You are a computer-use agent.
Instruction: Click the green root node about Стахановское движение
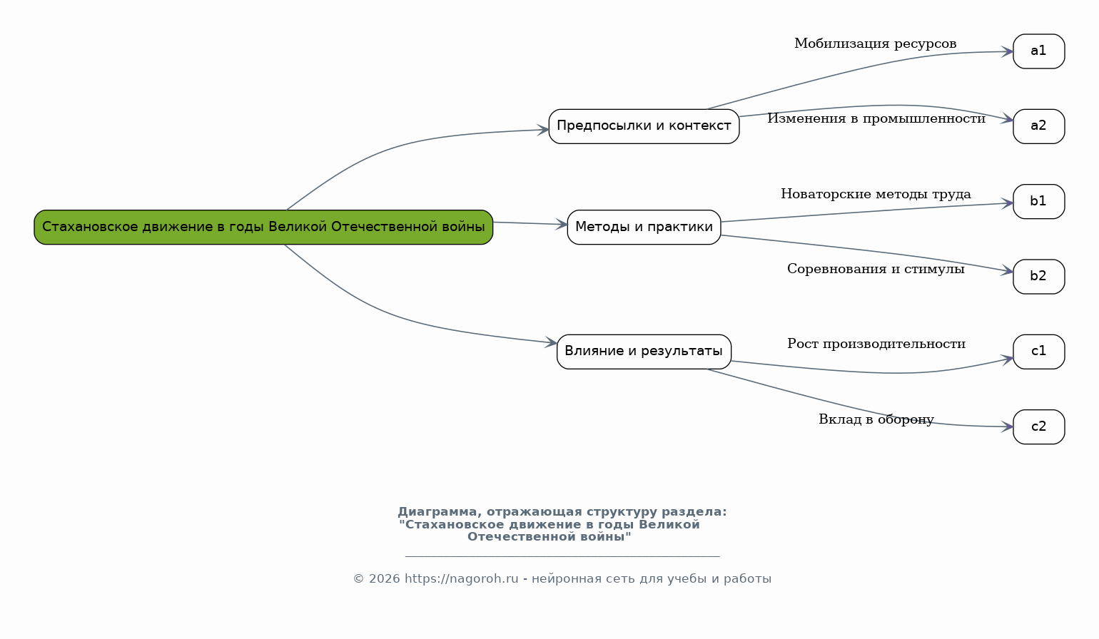[263, 227]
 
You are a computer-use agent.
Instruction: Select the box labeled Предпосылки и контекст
[644, 126]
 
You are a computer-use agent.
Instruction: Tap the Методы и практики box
[644, 227]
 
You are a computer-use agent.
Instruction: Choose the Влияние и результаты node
[644, 352]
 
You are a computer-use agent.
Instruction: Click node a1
[1038, 51]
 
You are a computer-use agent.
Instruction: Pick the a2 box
[1038, 126]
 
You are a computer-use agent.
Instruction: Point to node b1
[1038, 201]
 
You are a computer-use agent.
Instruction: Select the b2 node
[1038, 277]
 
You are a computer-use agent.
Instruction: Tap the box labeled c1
[1038, 352]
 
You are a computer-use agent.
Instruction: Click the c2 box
[1038, 426]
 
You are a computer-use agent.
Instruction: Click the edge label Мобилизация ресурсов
[875, 44]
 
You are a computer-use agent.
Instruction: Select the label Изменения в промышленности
[876, 118]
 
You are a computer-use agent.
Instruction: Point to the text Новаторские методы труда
[876, 194]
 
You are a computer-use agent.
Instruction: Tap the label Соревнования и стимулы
[876, 270]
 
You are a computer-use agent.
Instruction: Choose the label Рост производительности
[876, 344]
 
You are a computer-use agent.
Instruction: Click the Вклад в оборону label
[876, 419]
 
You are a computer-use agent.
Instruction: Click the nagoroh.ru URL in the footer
[461, 578]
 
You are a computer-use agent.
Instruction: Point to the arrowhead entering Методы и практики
[561, 225]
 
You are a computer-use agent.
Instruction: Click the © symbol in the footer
[359, 579]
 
